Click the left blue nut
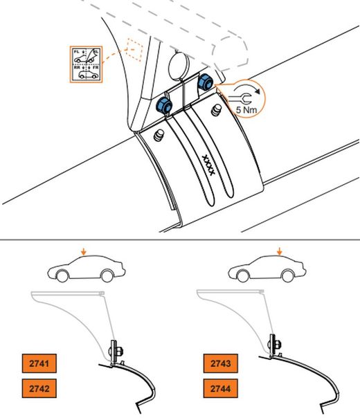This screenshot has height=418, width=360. (x=164, y=105)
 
